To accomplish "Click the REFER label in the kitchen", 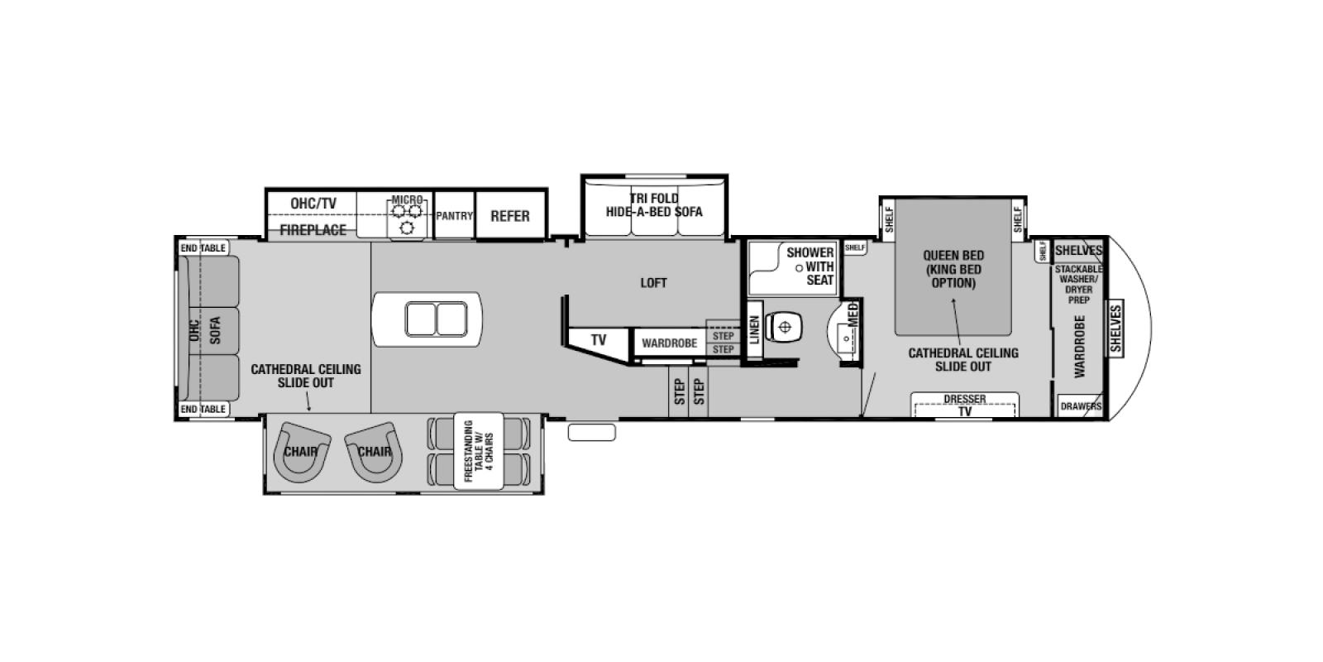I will [x=509, y=216].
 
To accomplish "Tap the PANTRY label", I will [x=454, y=216].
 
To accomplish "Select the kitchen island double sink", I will [x=436, y=319].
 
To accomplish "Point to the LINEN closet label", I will [x=754, y=330].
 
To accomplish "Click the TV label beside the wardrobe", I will [x=599, y=340].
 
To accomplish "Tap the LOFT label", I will [x=653, y=283].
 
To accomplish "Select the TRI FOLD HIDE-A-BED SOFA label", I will [x=654, y=205].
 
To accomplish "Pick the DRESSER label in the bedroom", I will [x=964, y=399].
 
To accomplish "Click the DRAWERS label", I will [x=1081, y=406].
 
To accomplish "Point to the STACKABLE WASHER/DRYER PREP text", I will [x=1078, y=285].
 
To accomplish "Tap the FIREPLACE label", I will [x=313, y=230].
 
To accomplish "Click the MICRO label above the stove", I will [x=407, y=200].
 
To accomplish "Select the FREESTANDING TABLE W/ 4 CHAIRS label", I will [x=479, y=451].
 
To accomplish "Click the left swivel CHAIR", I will [x=300, y=452].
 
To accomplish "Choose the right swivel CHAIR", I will [x=374, y=452].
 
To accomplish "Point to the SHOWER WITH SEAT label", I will [x=810, y=266].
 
